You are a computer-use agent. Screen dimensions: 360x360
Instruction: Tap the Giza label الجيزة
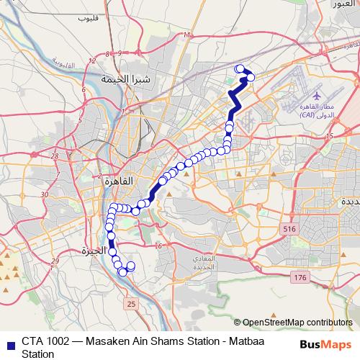[94, 251]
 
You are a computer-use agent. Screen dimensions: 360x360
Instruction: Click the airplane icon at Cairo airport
[317, 95]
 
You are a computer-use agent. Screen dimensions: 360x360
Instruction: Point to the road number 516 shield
[289, 228]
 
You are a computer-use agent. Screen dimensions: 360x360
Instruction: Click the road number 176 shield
[300, 277]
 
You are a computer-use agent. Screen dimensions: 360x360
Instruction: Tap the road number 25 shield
[130, 305]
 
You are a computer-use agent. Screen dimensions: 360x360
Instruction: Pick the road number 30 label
[45, 194]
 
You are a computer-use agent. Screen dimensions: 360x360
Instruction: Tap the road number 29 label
[53, 261]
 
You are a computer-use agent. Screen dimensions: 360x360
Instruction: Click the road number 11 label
[187, 35]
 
